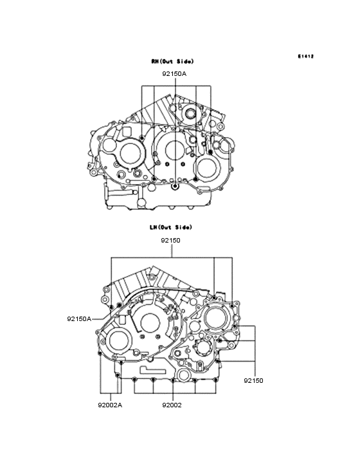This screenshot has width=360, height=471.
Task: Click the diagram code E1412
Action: point(306,56)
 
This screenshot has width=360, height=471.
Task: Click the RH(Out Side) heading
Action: point(172,61)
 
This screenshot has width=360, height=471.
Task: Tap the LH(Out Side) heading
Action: point(171,227)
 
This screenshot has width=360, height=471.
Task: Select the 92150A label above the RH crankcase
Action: point(174,73)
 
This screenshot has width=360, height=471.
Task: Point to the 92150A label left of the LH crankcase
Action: point(79,319)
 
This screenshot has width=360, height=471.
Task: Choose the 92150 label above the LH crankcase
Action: point(170,240)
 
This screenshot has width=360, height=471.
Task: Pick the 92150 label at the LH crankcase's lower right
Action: point(253,380)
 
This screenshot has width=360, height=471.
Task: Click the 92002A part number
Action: point(110,405)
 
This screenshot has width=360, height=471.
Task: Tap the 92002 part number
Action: point(172,405)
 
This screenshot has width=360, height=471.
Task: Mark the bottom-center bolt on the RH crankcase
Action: point(175,187)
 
